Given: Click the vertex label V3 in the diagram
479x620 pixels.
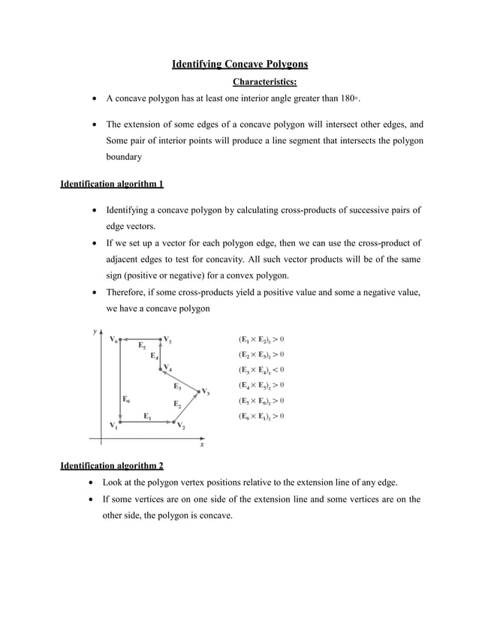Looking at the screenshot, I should (204, 392).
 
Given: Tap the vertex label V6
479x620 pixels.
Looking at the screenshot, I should (113, 339).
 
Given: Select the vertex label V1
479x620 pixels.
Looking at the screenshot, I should (113, 426).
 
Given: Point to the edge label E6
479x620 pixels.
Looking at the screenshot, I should (126, 399).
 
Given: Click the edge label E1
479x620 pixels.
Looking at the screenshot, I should (148, 416).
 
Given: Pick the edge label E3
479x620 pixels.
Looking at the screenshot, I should (177, 387).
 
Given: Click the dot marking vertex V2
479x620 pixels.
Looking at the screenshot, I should (175, 422).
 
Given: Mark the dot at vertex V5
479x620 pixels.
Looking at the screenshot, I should (161, 339).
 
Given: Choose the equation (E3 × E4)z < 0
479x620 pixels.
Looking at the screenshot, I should (261, 369).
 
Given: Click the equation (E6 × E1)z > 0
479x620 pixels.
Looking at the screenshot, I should (261, 416).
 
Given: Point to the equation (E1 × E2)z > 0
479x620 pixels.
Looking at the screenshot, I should (261, 339).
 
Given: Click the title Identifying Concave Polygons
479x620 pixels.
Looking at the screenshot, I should (240, 65).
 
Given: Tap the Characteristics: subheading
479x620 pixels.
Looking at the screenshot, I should (265, 81).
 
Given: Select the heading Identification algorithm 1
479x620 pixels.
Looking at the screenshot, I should (111, 183).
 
